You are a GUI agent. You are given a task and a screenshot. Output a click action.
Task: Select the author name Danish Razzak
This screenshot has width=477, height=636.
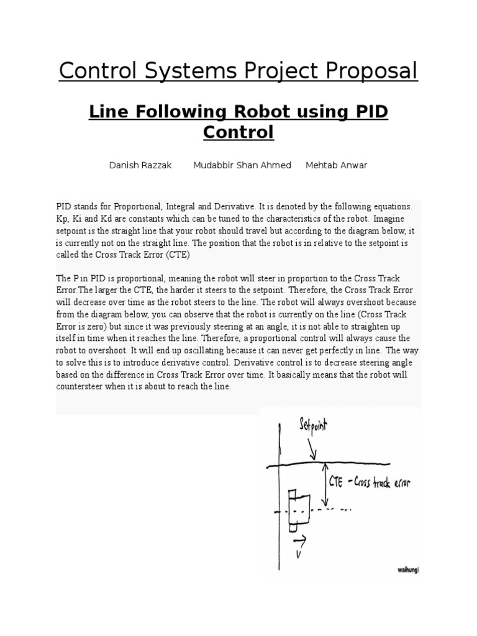tap(140, 165)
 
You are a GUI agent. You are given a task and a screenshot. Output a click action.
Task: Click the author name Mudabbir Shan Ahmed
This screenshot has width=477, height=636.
tap(242, 165)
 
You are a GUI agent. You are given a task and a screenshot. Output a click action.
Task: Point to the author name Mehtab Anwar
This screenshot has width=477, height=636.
tap(336, 165)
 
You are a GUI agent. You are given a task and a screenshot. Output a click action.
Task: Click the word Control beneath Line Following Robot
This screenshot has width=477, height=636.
tap(238, 132)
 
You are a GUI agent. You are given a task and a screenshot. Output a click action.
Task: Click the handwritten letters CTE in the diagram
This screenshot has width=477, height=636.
tap(336, 481)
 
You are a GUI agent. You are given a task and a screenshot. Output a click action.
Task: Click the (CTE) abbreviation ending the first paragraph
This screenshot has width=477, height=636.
tap(177, 255)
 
